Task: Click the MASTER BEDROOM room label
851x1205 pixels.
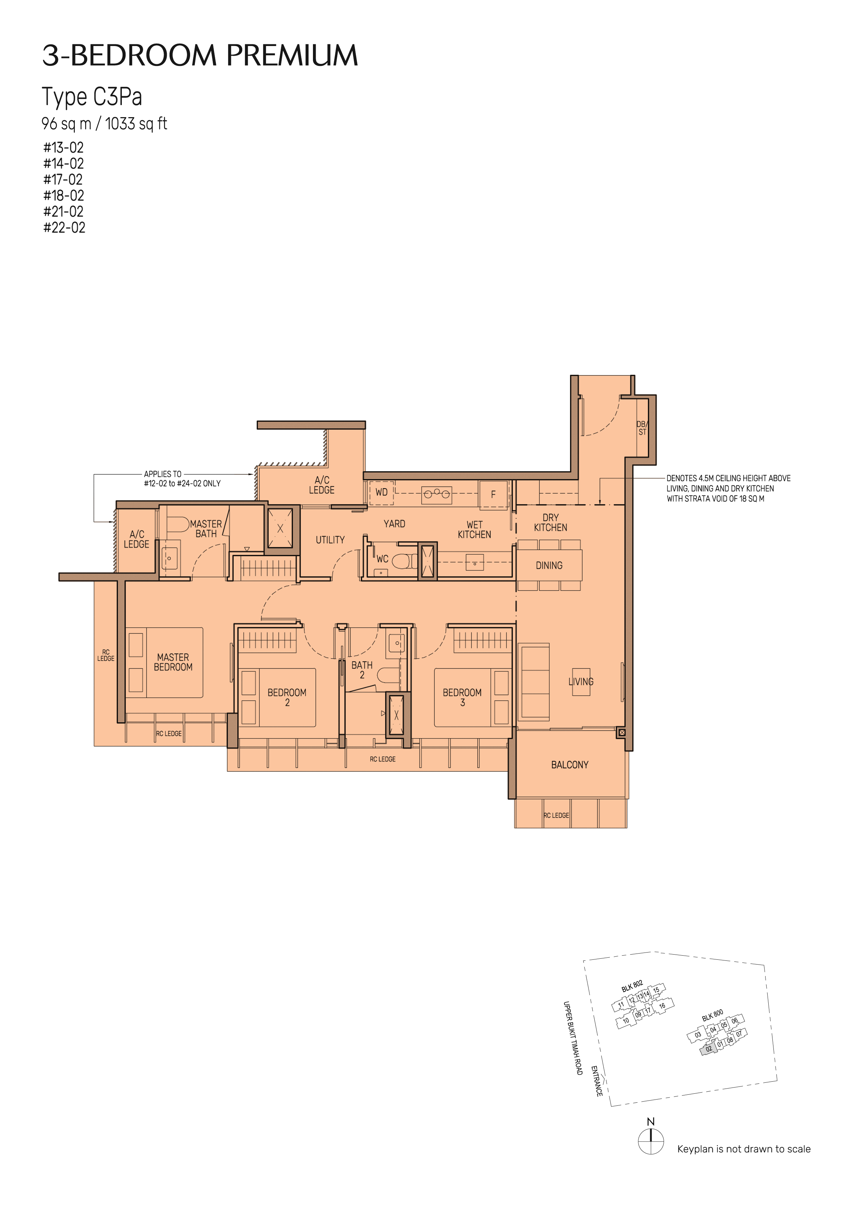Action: click(x=173, y=662)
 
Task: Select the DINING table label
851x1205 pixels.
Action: click(x=549, y=565)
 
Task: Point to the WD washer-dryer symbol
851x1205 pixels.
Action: click(x=381, y=492)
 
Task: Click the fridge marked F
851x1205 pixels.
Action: click(x=493, y=494)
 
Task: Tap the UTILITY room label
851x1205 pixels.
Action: click(x=330, y=540)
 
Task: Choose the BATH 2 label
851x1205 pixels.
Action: click(x=362, y=670)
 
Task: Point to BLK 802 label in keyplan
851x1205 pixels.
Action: click(x=632, y=986)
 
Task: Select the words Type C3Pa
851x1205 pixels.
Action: click(x=92, y=97)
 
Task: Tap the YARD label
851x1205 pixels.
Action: click(x=394, y=524)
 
